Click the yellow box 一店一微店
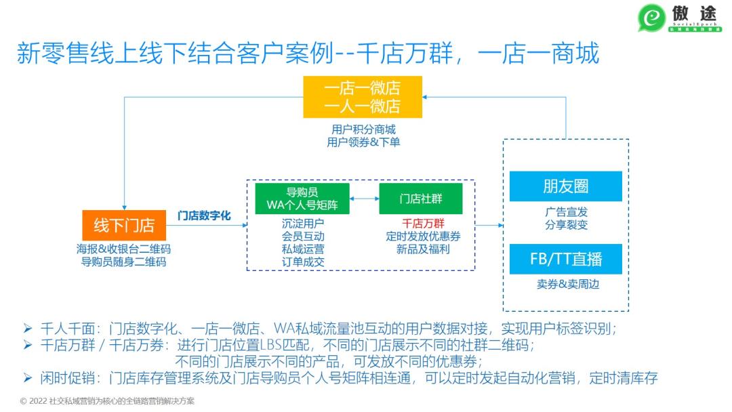363,98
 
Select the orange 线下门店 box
124,226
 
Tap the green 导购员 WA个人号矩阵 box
302,199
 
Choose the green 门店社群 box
420,199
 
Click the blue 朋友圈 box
565,186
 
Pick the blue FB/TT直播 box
565,259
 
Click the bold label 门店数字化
204,215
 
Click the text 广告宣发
566,211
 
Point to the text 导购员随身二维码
124,262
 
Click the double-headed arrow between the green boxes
364,199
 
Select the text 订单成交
303,262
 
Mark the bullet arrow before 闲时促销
28,378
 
